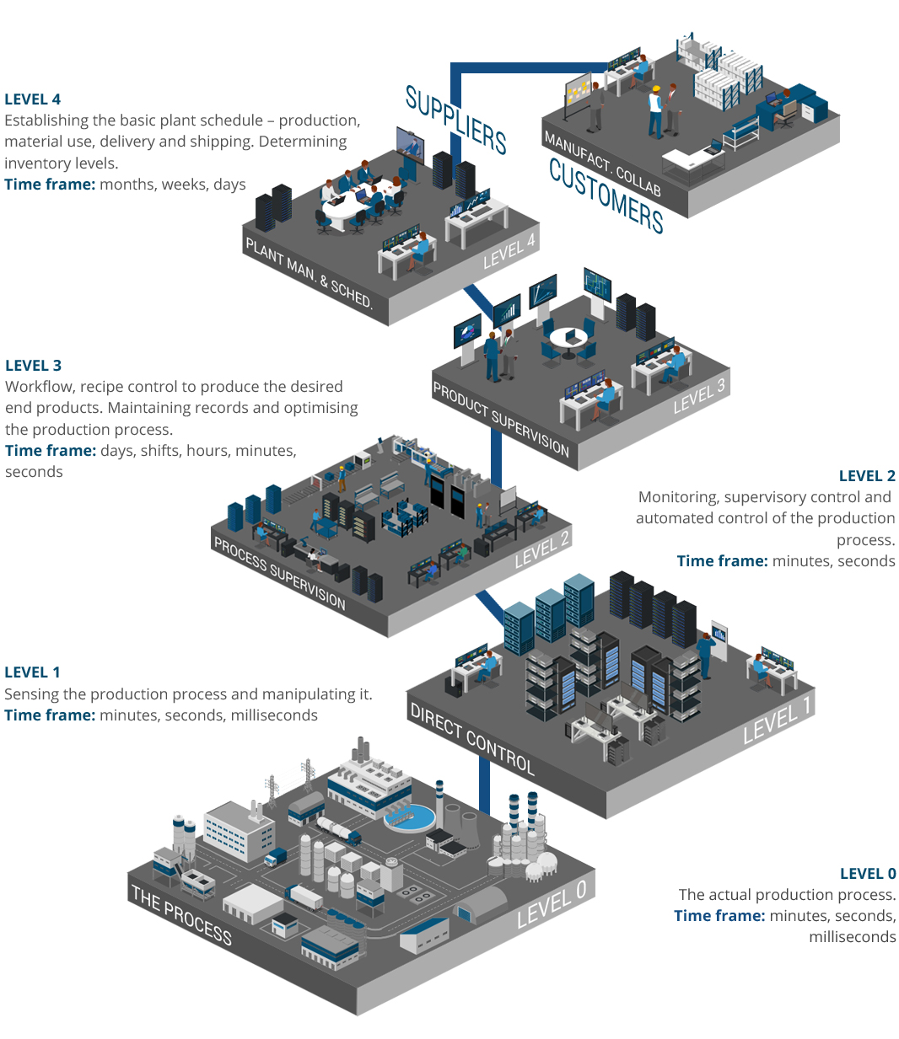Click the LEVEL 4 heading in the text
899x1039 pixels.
(x=33, y=99)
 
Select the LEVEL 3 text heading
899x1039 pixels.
(x=34, y=366)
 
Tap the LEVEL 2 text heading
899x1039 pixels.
(x=867, y=476)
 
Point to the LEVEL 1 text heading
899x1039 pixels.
(x=32, y=672)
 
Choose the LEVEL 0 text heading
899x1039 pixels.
(x=868, y=874)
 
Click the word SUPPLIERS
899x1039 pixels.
(x=455, y=121)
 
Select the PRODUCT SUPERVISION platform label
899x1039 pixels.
(x=501, y=419)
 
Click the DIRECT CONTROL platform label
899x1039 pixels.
(x=472, y=738)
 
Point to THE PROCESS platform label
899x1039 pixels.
(x=181, y=914)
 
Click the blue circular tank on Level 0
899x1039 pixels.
(x=409, y=816)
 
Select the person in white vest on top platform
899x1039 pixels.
(x=655, y=109)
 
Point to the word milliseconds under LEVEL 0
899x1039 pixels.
(x=852, y=937)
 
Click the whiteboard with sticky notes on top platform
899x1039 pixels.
(x=579, y=93)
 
